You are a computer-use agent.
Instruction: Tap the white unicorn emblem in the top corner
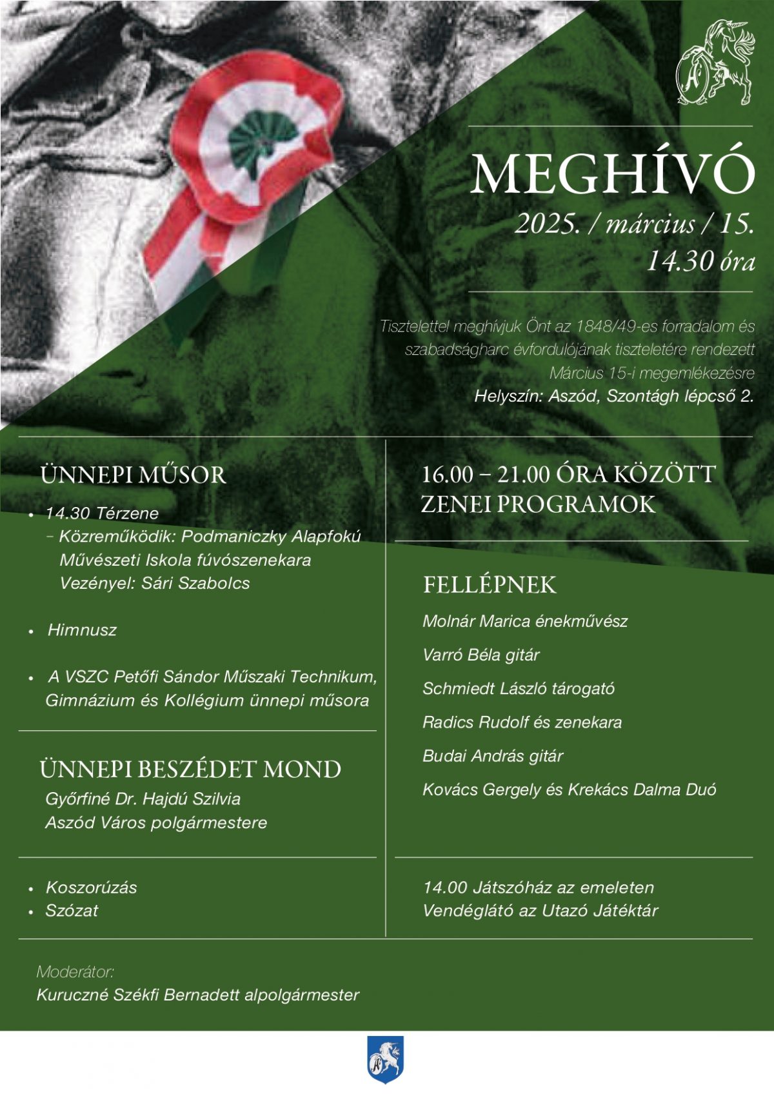pos(715,63)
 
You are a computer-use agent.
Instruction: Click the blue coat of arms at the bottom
pos(385,1059)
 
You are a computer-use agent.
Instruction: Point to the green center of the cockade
pos(261,138)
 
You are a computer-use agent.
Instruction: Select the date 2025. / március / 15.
pos(635,224)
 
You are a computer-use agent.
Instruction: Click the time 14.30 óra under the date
pos(700,261)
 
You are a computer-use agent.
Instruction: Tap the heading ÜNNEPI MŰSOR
pos(133,475)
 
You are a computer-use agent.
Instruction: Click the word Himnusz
pos(82,630)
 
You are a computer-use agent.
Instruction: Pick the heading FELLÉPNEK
pos(490,585)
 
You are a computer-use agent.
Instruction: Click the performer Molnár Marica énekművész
pos(524,621)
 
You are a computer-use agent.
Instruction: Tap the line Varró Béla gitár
pos(481,655)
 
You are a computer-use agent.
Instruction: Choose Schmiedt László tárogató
pos(518,688)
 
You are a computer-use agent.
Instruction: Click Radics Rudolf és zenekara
pos(522,722)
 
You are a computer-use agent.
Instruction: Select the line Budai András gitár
pos(493,755)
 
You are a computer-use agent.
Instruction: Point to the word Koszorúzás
pos(92,888)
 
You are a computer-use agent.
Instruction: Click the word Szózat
pos(72,911)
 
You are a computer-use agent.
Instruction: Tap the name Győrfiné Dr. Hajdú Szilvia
pos(143,799)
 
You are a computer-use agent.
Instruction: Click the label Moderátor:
pos(75,971)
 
